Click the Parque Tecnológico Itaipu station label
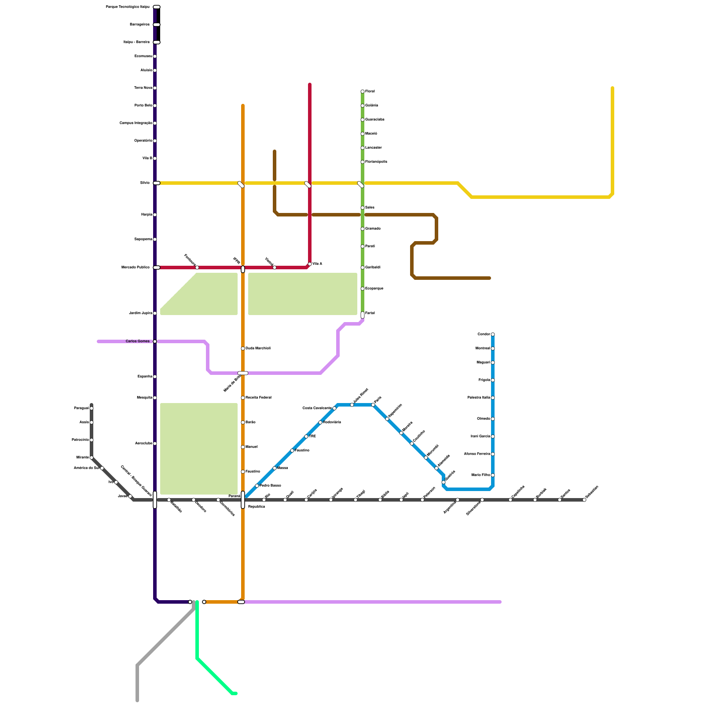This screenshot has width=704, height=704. [x=128, y=7]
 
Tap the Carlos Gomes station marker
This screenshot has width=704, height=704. [x=155, y=341]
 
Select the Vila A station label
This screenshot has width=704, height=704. [x=317, y=264]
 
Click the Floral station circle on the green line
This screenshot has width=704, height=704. [x=363, y=92]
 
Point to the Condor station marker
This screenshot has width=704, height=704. [x=493, y=334]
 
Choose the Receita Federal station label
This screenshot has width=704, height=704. [x=258, y=398]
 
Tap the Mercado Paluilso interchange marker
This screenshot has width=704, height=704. [x=157, y=268]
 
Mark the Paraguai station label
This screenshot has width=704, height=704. [x=81, y=408]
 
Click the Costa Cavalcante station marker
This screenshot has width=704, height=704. [x=334, y=408]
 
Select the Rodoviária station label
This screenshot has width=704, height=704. [x=332, y=422]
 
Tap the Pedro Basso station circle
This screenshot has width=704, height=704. [x=257, y=486]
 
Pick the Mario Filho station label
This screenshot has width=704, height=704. [x=480, y=475]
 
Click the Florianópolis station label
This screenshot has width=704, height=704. [x=376, y=162]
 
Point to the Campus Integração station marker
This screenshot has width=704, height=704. [x=155, y=123]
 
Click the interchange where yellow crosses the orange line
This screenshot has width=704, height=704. [x=241, y=184]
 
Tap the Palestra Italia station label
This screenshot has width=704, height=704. [x=479, y=398]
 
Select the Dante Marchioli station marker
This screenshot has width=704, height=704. [x=243, y=348]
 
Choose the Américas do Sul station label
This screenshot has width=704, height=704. [x=86, y=468]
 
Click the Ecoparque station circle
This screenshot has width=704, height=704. [x=363, y=289]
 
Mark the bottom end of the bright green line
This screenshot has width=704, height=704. [x=236, y=693]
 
